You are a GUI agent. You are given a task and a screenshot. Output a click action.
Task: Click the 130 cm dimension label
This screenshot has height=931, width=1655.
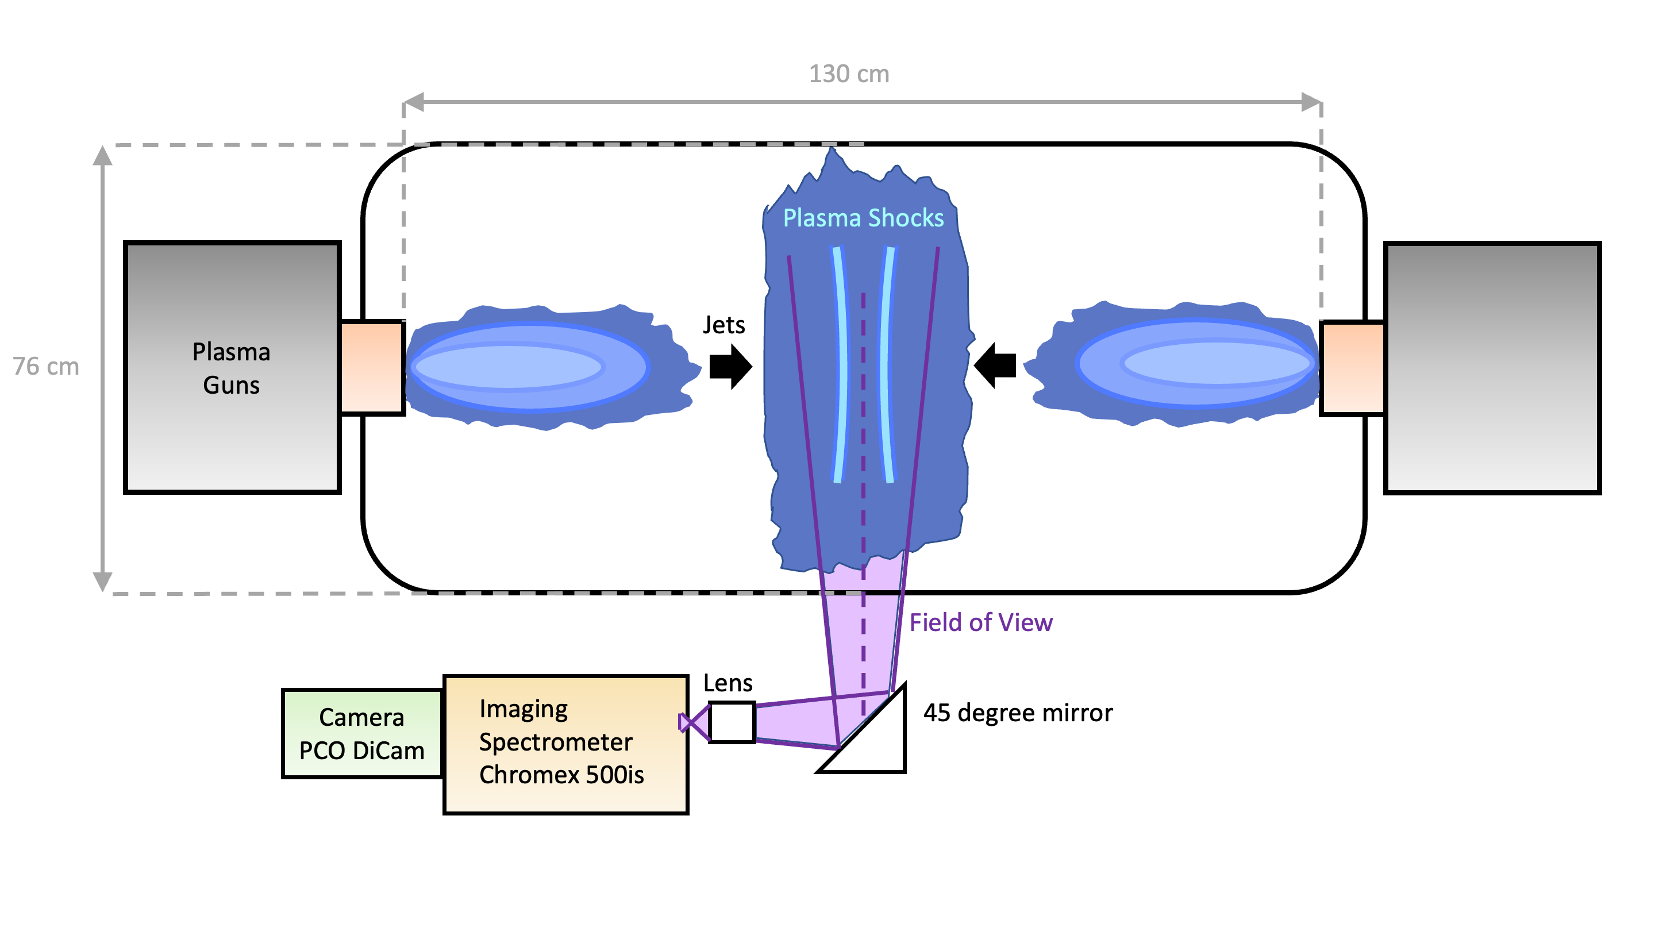[x=849, y=74]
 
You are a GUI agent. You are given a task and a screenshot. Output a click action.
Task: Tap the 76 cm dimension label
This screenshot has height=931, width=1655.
[x=45, y=366]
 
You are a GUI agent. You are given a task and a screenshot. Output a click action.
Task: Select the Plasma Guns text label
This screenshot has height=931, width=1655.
[x=231, y=368]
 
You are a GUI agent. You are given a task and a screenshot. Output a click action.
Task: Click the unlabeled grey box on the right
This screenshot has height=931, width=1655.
[x=1492, y=368]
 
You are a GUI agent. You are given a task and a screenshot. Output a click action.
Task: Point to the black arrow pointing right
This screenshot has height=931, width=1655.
[x=730, y=367]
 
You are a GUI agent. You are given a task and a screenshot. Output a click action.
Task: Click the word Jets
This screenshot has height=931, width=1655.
[x=723, y=325]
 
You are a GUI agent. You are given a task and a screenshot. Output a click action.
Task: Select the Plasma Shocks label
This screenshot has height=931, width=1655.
[x=863, y=218]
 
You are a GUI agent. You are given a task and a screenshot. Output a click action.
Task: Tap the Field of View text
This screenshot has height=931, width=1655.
[x=980, y=622]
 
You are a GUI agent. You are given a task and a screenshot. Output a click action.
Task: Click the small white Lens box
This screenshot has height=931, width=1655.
[x=732, y=723]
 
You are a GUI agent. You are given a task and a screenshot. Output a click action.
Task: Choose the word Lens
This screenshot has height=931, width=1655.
[x=728, y=683]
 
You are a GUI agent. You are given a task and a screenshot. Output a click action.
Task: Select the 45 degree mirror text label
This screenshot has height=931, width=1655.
[x=1018, y=713]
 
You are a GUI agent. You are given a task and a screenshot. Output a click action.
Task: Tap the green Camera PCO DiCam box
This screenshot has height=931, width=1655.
[x=361, y=734]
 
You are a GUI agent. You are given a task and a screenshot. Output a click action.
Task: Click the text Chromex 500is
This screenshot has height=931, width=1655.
[x=561, y=775]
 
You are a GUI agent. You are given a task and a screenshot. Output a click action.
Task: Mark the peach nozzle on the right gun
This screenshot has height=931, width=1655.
[x=1352, y=368]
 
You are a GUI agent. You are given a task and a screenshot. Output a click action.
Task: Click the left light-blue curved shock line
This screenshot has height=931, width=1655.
[x=841, y=364]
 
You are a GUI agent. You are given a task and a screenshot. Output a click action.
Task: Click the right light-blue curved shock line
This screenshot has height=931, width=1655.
[x=886, y=364]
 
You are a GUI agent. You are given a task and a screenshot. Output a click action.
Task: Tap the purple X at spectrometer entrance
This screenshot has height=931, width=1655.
[x=692, y=723]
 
